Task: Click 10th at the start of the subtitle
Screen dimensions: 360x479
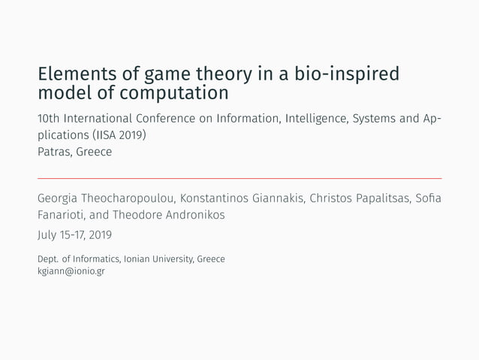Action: pos(49,119)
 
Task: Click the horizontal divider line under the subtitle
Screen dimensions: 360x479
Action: pos(239,178)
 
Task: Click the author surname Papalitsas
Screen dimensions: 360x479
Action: pos(371,198)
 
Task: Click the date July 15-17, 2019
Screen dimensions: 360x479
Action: pos(74,236)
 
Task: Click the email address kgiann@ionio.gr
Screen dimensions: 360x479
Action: pos(71,271)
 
